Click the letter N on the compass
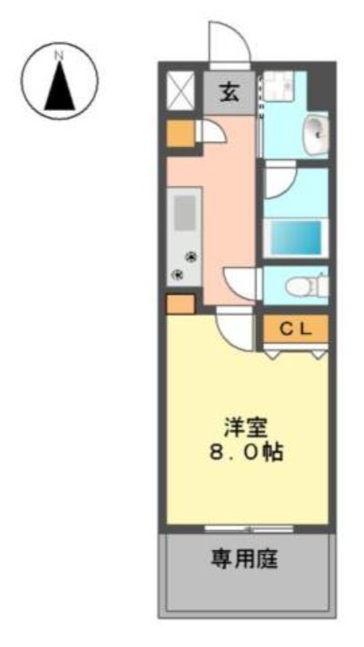coord(60,55)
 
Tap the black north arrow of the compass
coord(60,86)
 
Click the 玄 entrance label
coord(230,93)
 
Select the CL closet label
coord(295,328)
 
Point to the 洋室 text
coord(246,429)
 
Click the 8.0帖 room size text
coord(246,453)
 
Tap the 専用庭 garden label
coord(245,560)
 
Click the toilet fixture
coord(307,285)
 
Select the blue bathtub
coord(296,237)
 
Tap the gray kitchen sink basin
coord(184,213)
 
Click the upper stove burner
coord(191,256)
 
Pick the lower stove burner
coord(178,273)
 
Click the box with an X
coord(180,91)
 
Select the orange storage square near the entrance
coord(180,133)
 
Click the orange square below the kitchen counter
coord(180,304)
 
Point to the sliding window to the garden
coord(249,529)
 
